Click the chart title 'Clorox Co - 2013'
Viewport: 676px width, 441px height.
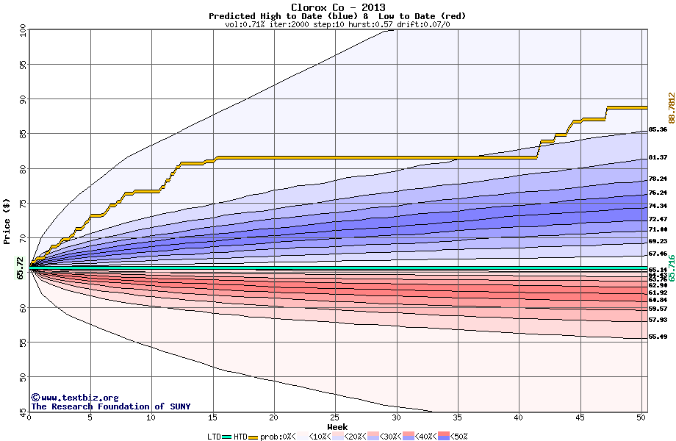click(337, 7)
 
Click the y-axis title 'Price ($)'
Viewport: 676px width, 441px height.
click(7, 221)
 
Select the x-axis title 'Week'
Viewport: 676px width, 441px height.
click(337, 427)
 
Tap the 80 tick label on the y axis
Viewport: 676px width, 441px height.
click(23, 168)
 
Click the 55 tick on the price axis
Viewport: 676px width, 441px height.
click(23, 343)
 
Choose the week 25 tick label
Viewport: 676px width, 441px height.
click(335, 419)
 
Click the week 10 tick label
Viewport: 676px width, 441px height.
click(151, 419)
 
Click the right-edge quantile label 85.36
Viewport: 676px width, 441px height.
click(658, 130)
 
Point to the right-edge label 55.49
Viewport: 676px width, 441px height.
click(658, 337)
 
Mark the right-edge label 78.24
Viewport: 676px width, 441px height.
click(658, 179)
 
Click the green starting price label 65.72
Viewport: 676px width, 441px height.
click(20, 268)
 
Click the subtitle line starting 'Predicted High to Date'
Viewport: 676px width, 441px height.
click(337, 16)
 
